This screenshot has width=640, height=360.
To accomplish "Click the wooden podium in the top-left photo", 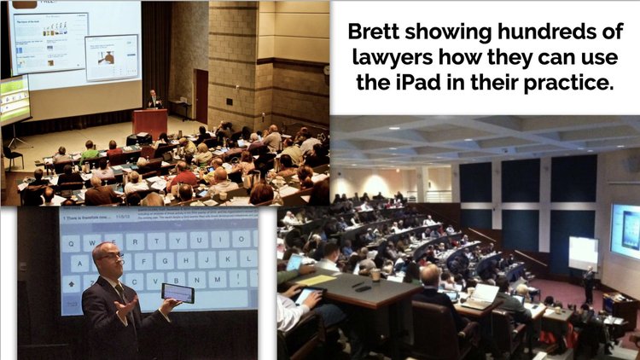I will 150,122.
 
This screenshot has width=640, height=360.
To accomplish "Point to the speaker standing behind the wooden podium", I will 154,99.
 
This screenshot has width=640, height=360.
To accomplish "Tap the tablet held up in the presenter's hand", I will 177,292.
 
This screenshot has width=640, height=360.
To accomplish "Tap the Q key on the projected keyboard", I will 75,241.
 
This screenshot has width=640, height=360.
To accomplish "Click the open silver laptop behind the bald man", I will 480,294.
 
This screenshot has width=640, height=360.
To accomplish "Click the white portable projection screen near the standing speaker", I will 585,252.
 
